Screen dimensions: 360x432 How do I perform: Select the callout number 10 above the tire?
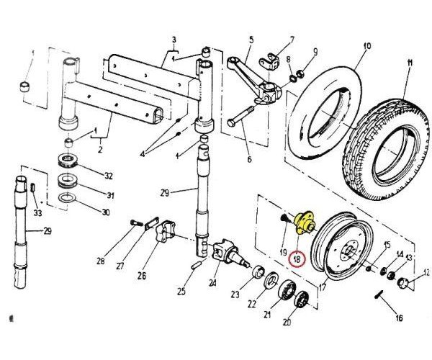pyautogui.click(x=366, y=46)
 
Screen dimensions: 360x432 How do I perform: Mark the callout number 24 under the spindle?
pyautogui.click(x=212, y=283)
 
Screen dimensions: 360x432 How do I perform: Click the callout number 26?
pyautogui.click(x=141, y=274)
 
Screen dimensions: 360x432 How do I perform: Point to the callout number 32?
pyautogui.click(x=109, y=175)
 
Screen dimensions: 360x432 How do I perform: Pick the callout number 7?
pyautogui.click(x=292, y=38)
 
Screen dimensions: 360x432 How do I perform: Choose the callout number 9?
pyautogui.click(x=314, y=51)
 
